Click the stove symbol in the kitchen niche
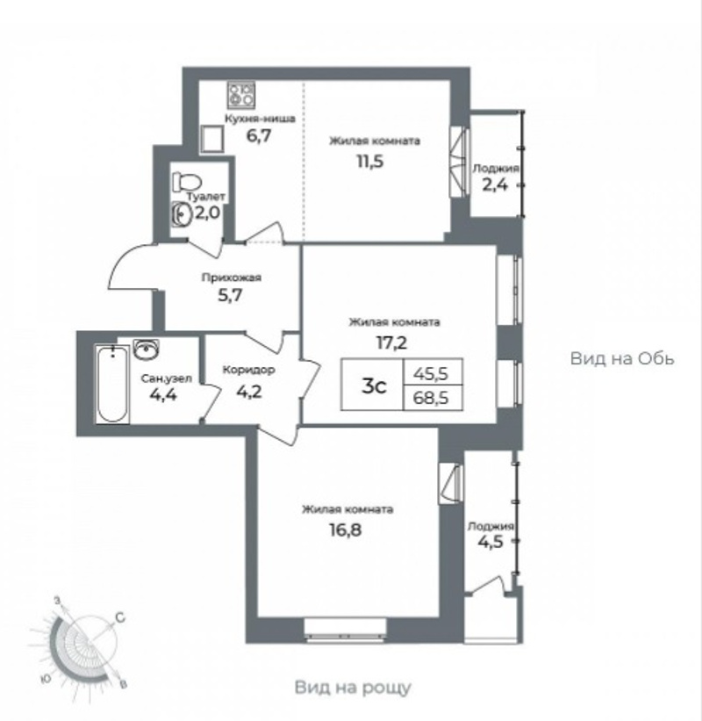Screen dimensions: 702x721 coord(240,96)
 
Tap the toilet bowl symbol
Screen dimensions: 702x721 coord(187,182)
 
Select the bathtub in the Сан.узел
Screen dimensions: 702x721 coord(112,384)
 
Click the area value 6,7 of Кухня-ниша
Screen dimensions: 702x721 coord(259,136)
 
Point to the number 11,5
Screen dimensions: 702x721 coord(370,162)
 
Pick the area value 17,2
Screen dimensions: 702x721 coord(392,342)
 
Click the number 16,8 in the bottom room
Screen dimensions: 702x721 coord(346,530)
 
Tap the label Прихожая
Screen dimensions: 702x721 coord(232,278)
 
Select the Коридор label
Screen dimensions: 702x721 coord(248,370)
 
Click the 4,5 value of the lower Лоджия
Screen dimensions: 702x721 coord(491,542)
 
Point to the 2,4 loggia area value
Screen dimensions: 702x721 coord(495,184)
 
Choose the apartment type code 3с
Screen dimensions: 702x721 coord(374,386)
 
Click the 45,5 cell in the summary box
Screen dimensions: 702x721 coord(431,374)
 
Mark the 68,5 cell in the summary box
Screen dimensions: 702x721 coord(431,398)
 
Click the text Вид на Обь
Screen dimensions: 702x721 coord(622,358)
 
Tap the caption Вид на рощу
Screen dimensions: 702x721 coord(353,688)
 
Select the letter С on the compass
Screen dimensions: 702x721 coord(120,617)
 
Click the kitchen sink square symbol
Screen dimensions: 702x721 coord(212,140)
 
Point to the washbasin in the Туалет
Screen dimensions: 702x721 coord(182,213)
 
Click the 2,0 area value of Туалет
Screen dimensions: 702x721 coord(208,213)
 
